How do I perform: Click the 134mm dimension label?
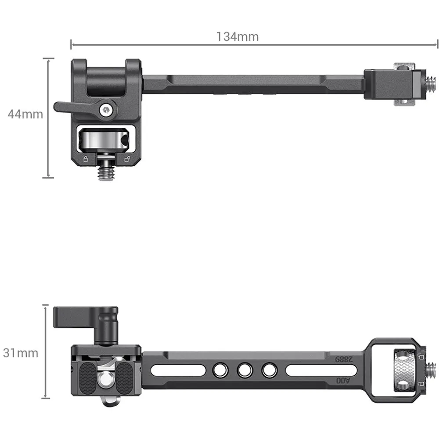237,37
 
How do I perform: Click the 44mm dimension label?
25,114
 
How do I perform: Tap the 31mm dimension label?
21,353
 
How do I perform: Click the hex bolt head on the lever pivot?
106,110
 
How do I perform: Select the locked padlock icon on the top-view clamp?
86,159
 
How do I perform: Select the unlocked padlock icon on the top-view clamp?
127,159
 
